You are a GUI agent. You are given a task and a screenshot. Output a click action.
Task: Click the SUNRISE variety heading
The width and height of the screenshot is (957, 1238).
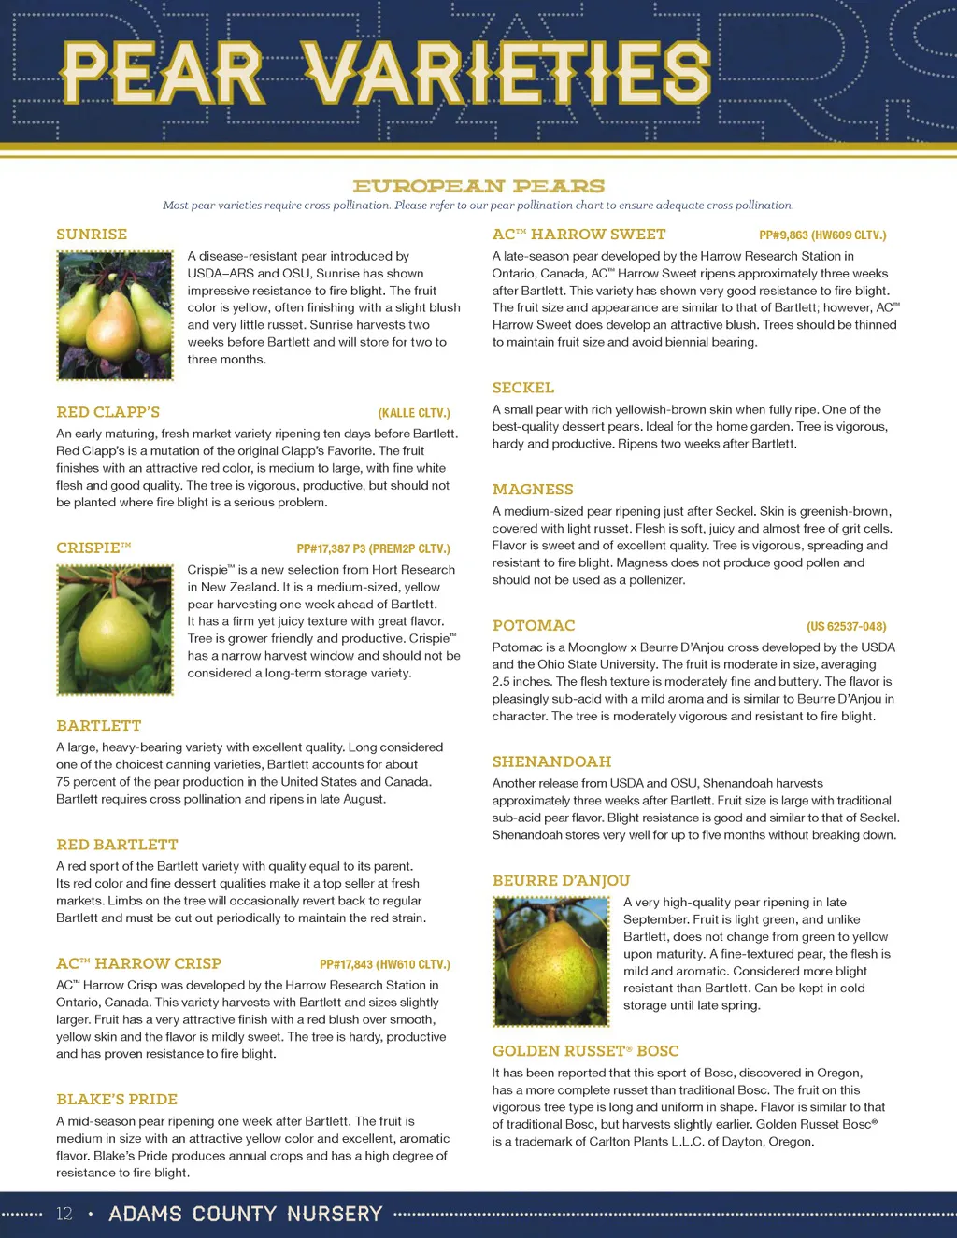coord(92,235)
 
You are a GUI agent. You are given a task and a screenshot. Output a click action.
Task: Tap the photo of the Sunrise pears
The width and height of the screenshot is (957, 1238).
coord(115,315)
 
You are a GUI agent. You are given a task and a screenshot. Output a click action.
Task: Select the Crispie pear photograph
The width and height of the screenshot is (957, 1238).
coord(115,630)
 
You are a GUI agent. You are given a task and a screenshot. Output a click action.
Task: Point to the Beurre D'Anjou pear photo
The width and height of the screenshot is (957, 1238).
coord(551,961)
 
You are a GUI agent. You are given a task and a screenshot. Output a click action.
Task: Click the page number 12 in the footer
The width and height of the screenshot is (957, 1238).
coord(64,1214)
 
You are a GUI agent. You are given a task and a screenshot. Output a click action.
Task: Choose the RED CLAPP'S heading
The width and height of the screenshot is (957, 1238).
coord(107,412)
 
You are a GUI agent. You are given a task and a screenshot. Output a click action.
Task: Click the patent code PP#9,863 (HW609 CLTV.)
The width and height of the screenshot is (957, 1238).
coord(822,235)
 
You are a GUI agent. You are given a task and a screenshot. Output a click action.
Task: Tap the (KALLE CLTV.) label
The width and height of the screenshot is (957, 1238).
coord(414,413)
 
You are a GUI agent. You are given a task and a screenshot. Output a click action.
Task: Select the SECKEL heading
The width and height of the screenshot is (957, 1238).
coord(523,388)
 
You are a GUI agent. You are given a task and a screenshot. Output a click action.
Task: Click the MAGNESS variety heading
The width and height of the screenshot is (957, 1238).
coord(533,490)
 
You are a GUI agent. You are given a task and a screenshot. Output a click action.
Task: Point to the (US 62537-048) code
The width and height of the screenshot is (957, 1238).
coord(846,626)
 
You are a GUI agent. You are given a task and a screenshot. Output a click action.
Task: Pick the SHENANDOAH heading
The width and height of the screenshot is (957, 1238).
coord(551,761)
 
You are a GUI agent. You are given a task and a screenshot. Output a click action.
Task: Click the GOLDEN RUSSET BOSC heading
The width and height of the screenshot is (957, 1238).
coord(586,1051)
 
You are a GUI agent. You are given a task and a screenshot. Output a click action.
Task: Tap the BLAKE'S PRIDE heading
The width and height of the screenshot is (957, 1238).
coord(117,1100)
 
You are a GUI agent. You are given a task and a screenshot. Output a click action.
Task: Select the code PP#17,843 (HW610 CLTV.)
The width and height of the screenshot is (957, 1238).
coord(385,964)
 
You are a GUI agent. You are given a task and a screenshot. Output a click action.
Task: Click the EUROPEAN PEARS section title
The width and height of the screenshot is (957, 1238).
coord(478,186)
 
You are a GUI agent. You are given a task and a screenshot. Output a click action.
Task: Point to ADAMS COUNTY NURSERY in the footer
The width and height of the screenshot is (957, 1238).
coord(246,1214)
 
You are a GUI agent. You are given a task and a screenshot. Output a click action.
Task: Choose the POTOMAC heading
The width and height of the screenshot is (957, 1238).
coord(534,626)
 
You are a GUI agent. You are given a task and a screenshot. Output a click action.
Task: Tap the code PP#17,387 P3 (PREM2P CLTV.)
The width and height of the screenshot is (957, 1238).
coord(373,548)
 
